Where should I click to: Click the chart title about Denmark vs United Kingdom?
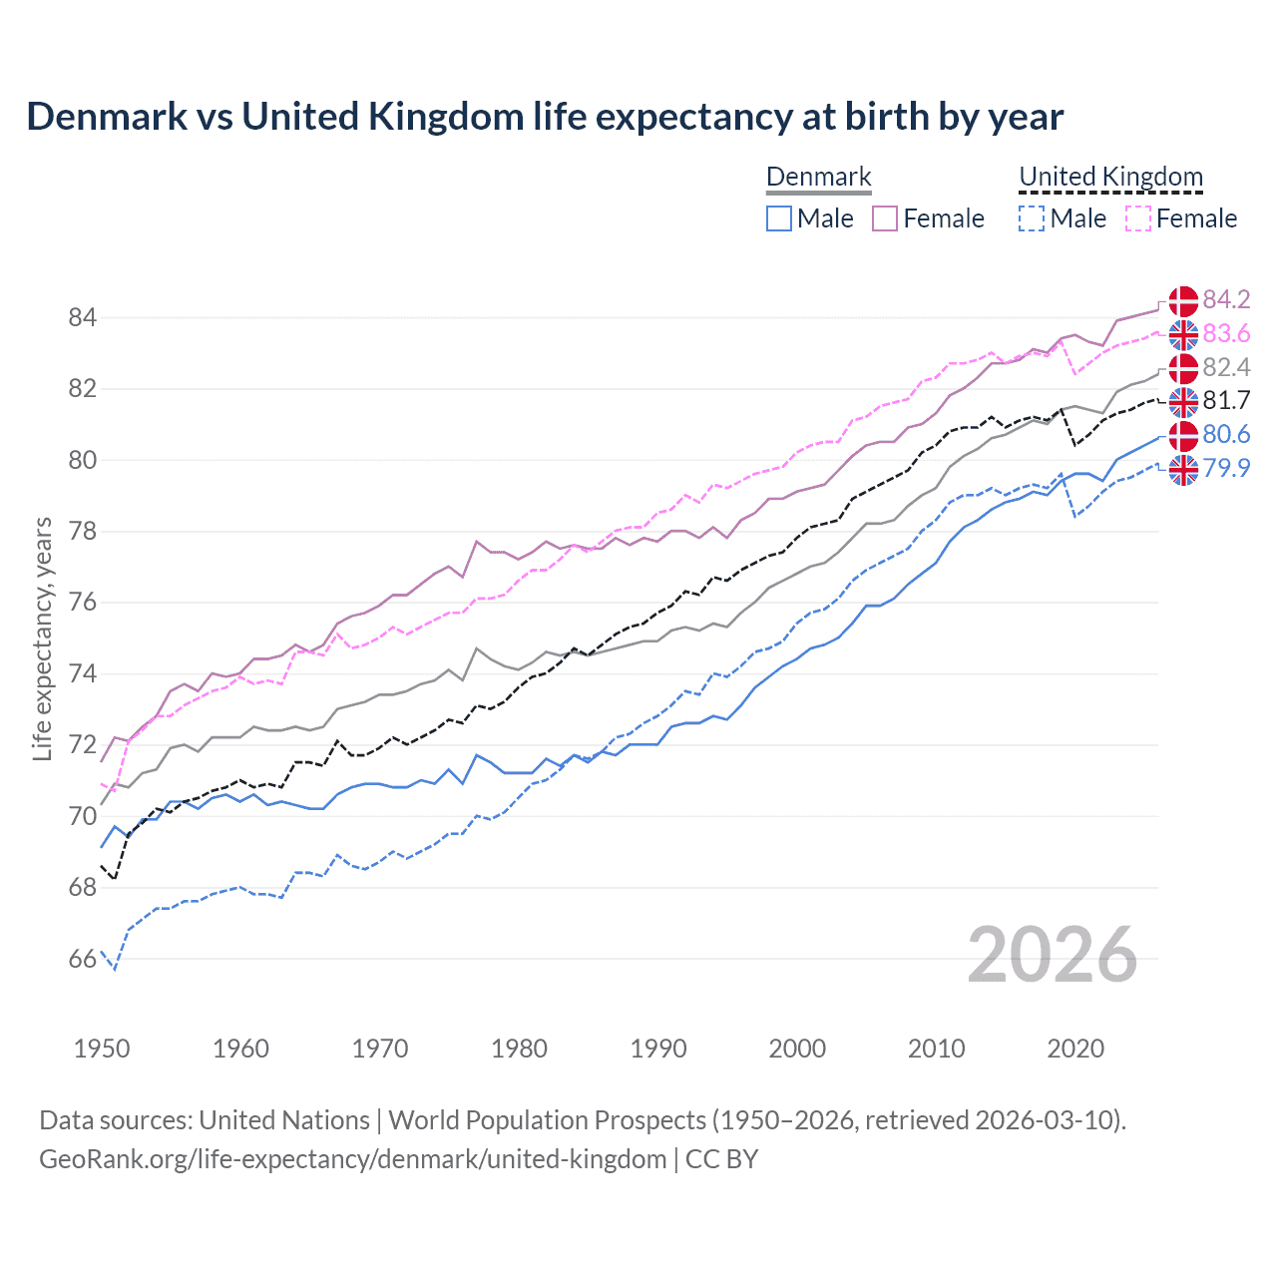point(545,117)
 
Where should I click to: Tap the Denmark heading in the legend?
point(819,177)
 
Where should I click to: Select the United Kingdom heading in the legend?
point(1110,177)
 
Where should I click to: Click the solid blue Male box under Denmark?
point(779,218)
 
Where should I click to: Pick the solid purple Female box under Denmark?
point(885,218)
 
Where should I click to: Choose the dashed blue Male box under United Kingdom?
point(1032,218)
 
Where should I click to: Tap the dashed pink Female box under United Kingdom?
point(1138,218)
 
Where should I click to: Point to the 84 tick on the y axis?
point(82,318)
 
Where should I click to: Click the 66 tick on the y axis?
point(82,960)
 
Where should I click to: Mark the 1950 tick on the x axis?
point(102,1049)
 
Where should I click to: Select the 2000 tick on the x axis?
point(797,1049)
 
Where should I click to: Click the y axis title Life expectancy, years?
point(42,638)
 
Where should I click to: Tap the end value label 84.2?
point(1226,300)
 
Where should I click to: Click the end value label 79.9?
point(1226,468)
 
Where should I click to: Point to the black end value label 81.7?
point(1226,401)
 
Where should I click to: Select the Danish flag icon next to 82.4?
point(1183,368)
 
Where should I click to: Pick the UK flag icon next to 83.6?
point(1183,334)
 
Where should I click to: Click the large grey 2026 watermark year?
point(1053,956)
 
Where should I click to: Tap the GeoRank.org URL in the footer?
point(352,1159)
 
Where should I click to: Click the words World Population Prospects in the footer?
point(546,1120)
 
